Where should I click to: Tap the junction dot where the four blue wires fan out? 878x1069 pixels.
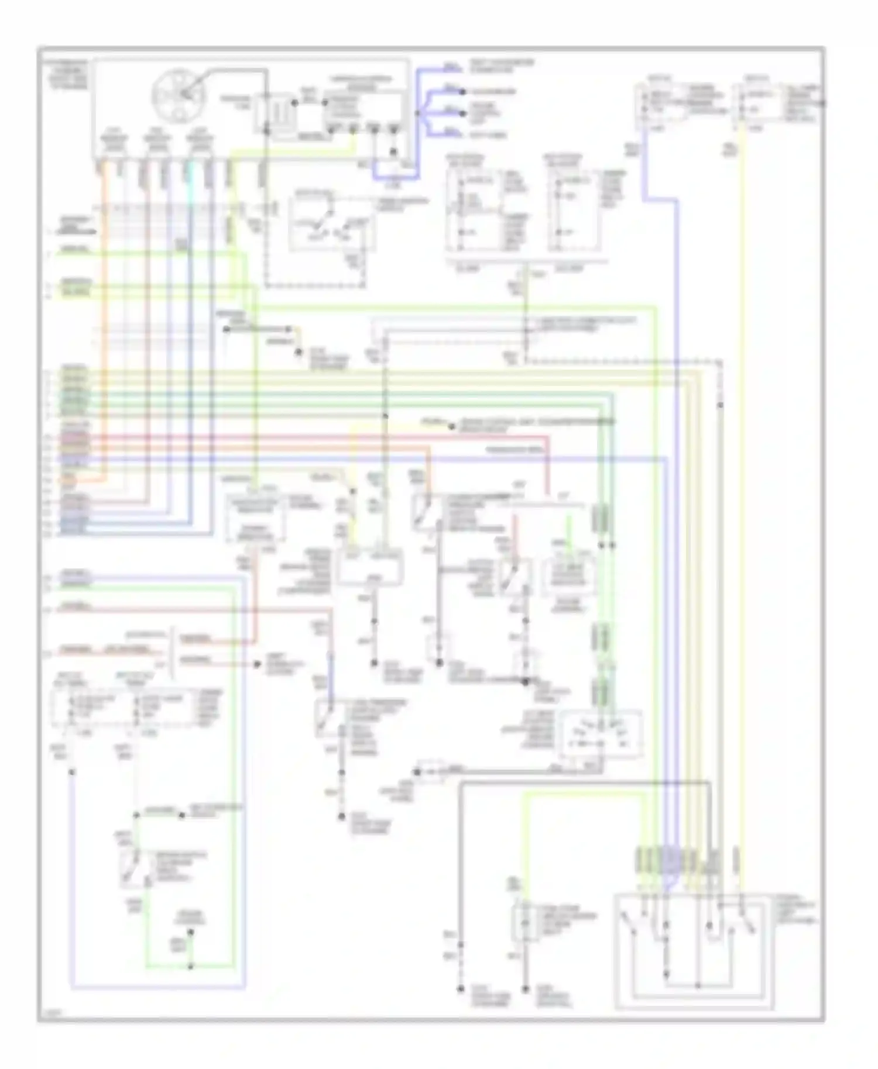point(418,113)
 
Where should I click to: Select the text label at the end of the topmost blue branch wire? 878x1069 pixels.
point(502,66)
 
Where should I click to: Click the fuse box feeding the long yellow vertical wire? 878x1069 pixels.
point(761,105)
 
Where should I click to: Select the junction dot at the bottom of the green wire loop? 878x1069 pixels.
point(190,967)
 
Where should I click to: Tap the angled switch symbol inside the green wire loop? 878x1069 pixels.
point(132,868)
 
